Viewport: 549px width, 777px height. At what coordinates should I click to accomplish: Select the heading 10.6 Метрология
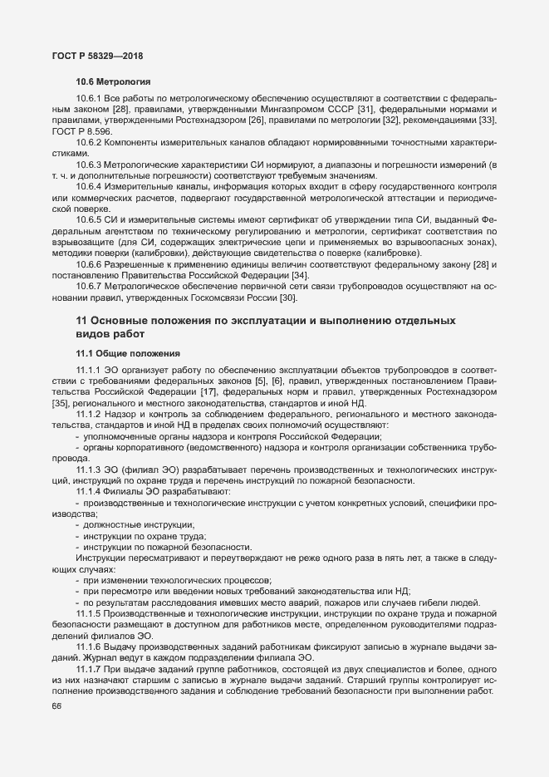[113, 82]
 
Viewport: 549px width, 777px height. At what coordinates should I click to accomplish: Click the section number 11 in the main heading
[82, 320]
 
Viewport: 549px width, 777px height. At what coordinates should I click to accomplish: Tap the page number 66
[56, 706]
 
